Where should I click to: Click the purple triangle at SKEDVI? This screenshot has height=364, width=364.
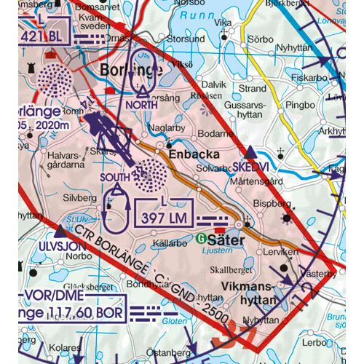pos(250,152)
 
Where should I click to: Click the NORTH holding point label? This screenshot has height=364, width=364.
pos(142,105)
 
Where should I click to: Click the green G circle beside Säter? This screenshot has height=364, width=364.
pos(201,238)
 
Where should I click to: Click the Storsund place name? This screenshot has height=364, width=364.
pos(186,38)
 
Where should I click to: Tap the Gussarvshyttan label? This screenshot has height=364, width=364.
pos(248,110)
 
